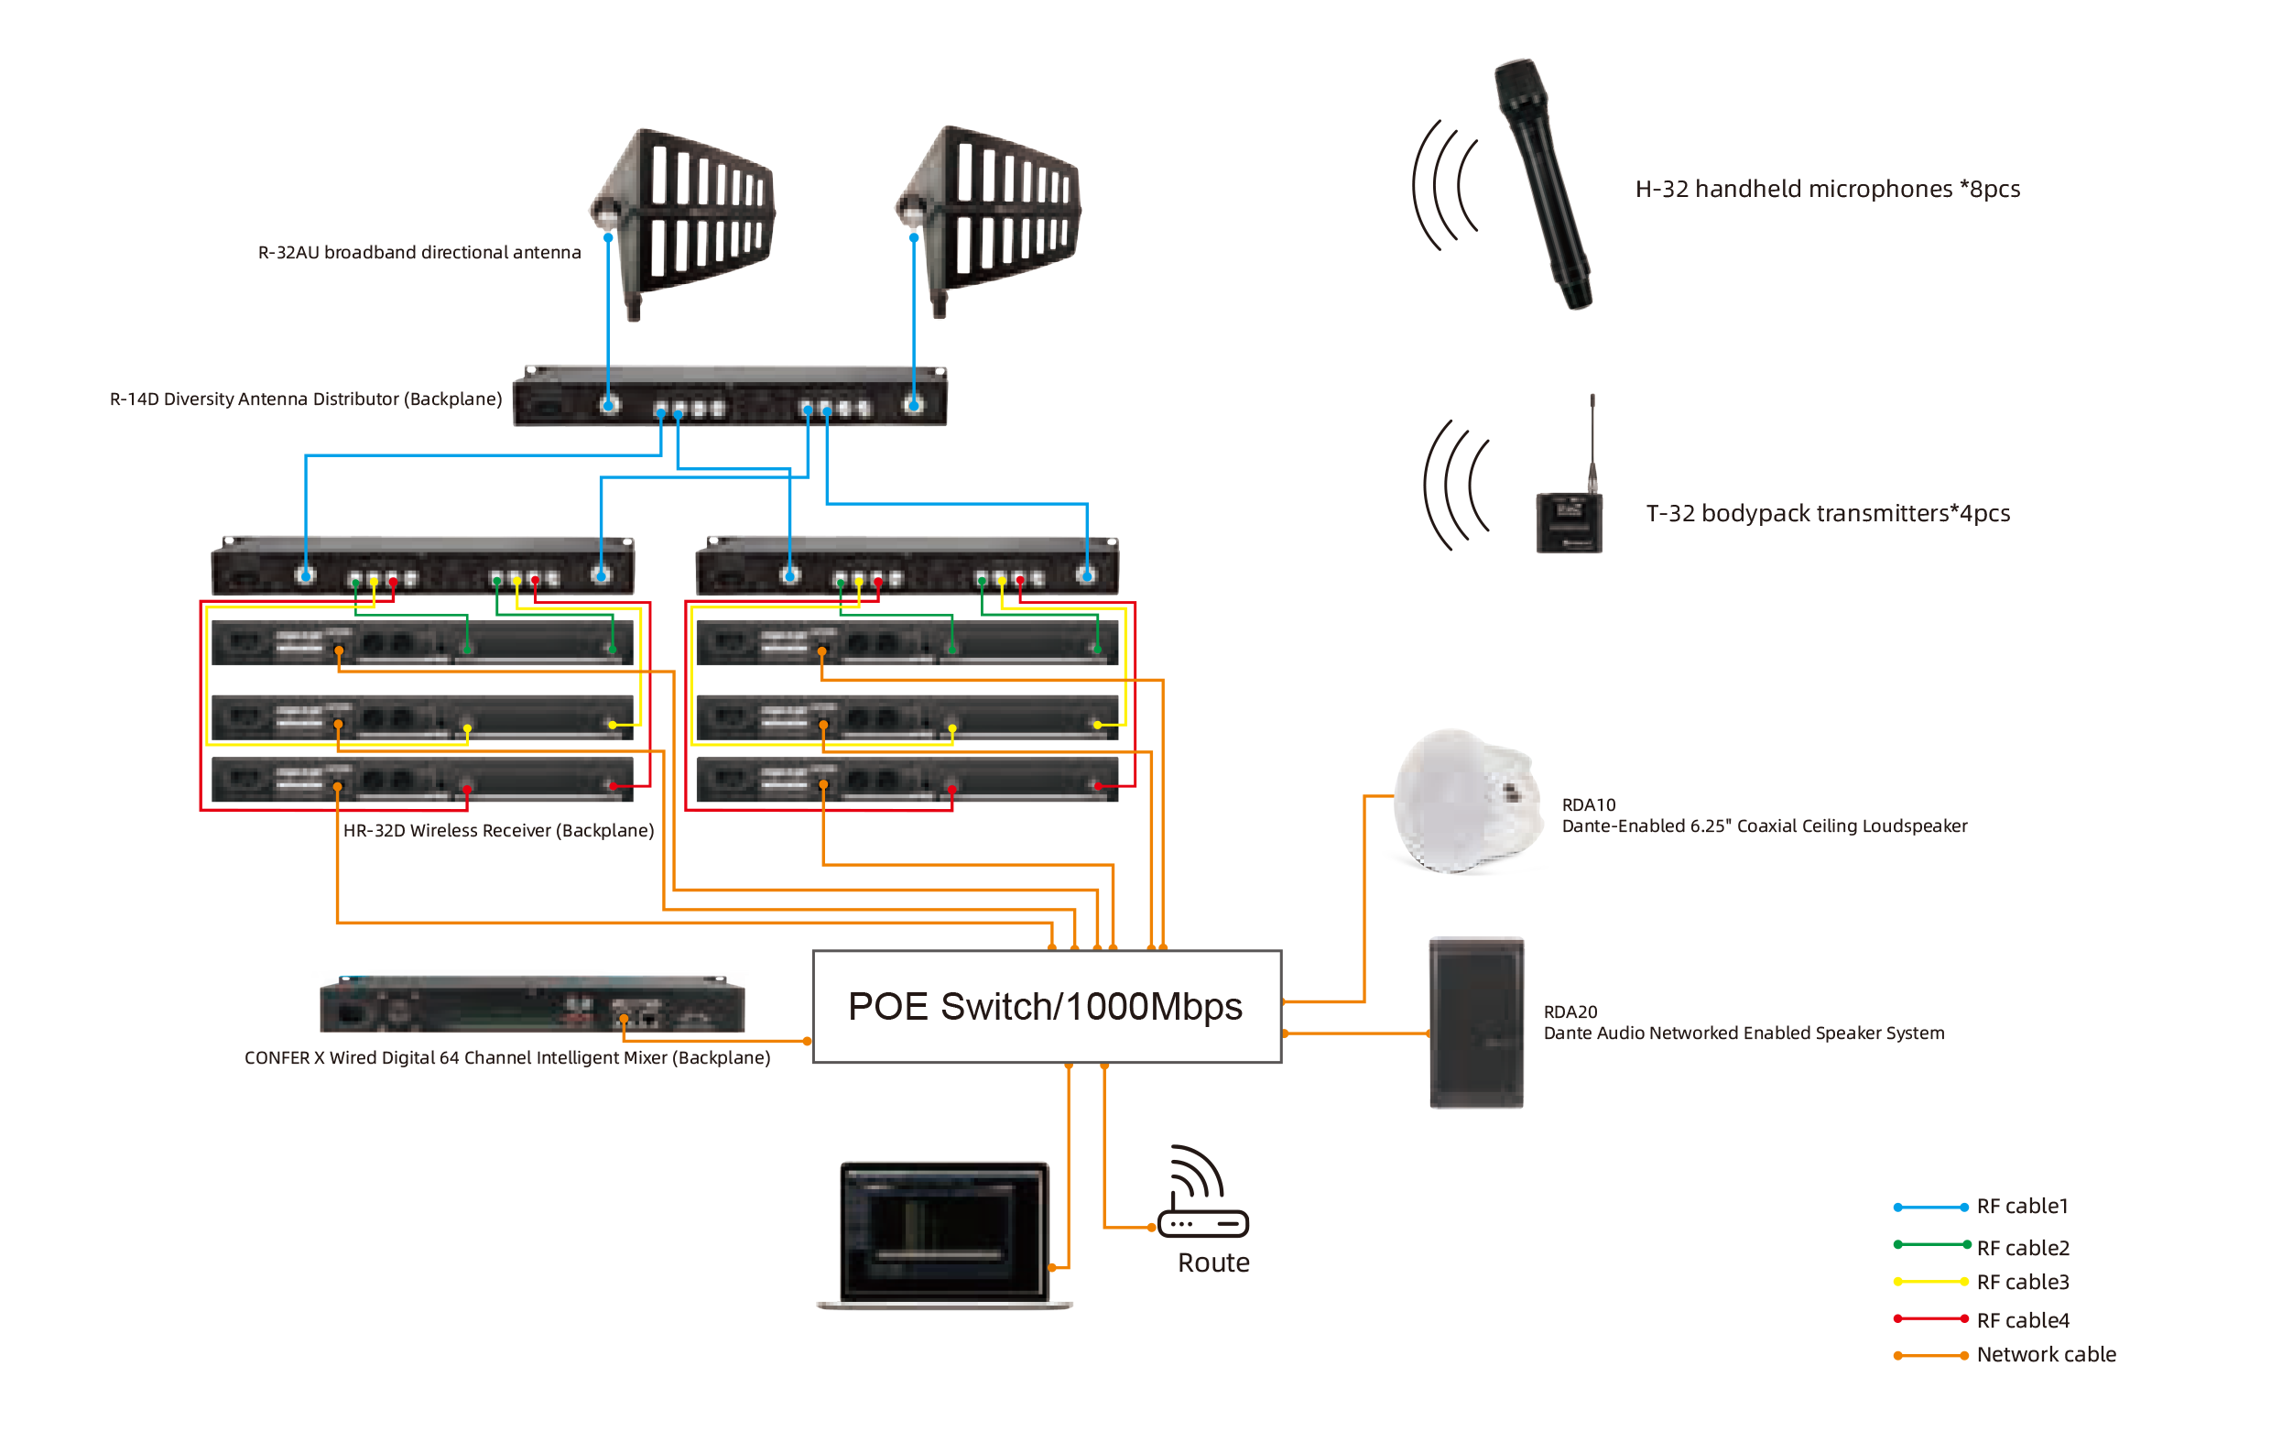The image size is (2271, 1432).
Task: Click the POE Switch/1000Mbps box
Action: (1045, 1007)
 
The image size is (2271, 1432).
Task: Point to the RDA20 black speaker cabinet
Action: (1476, 1022)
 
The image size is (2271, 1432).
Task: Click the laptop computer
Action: (944, 1234)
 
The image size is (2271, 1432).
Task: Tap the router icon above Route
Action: (1202, 1193)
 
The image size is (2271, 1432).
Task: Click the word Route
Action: (1212, 1263)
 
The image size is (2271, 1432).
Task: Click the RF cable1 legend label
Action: (2021, 1207)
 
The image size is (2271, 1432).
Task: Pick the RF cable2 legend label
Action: (2021, 1248)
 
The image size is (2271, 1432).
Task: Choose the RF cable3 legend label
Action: (2021, 1282)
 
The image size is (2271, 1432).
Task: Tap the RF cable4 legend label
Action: (2021, 1319)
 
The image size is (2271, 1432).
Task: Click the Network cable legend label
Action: (2045, 1355)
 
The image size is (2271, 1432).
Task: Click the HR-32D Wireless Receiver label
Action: (498, 831)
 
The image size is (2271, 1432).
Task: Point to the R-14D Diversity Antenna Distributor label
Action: (306, 399)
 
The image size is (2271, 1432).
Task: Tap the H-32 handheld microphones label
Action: (1827, 190)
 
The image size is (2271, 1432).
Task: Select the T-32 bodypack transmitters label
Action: (1827, 514)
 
